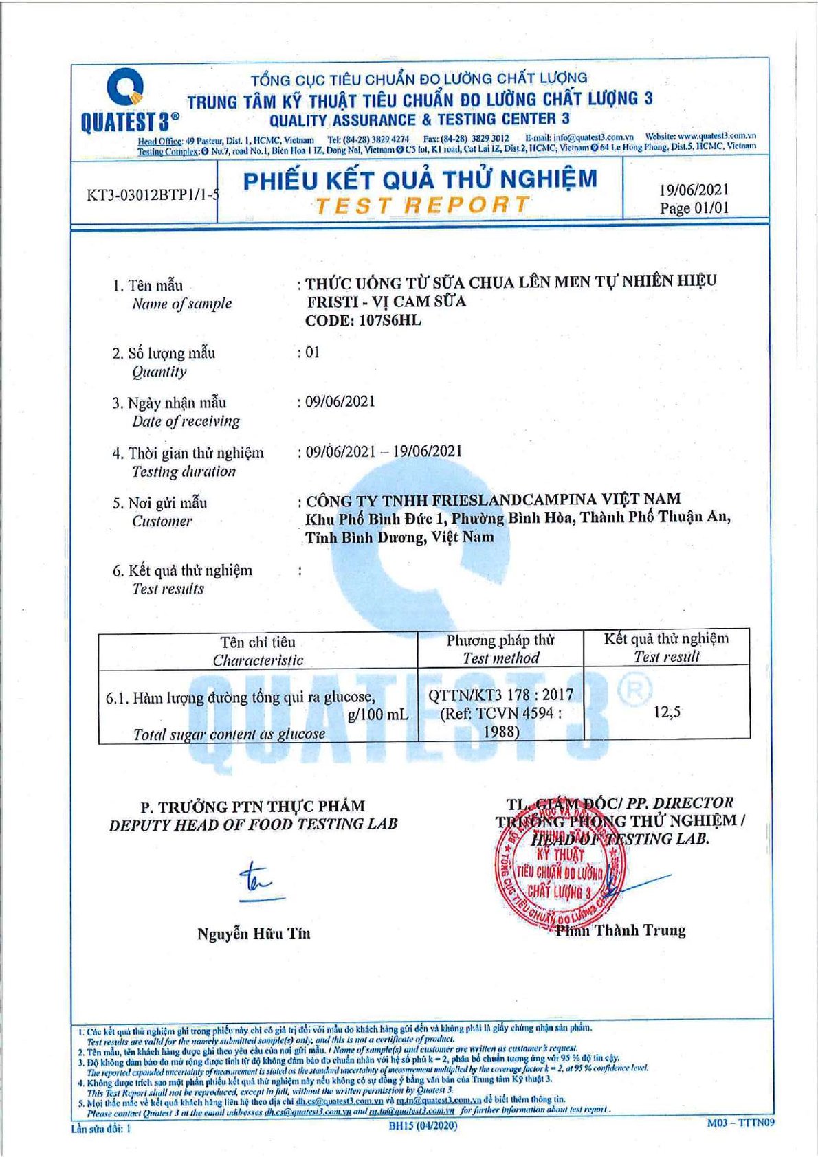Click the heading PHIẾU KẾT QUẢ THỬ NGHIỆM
pyautogui.click(x=421, y=180)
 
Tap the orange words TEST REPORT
pyautogui.click(x=422, y=205)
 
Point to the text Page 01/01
pyautogui.click(x=694, y=208)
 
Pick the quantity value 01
pyautogui.click(x=312, y=352)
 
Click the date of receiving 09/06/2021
pyautogui.click(x=340, y=402)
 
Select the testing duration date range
pyautogui.click(x=384, y=451)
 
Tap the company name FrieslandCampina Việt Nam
pyautogui.click(x=493, y=499)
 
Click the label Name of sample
pyautogui.click(x=181, y=304)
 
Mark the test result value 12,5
pyautogui.click(x=666, y=712)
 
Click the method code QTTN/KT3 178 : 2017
pyautogui.click(x=500, y=695)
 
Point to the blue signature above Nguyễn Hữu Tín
pyautogui.click(x=258, y=881)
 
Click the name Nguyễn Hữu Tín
pyautogui.click(x=254, y=933)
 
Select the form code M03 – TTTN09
pyautogui.click(x=741, y=1122)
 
